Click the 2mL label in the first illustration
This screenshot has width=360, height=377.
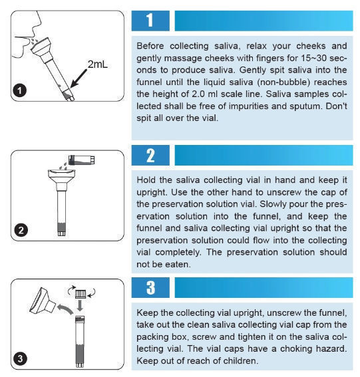point(97,64)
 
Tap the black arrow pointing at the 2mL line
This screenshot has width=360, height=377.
point(79,78)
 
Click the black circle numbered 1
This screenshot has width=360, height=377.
point(20,90)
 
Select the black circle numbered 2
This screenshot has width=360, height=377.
point(21,230)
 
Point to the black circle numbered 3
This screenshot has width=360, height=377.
point(20,359)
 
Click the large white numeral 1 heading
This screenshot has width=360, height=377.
point(150,20)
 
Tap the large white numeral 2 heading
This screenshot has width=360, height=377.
point(150,156)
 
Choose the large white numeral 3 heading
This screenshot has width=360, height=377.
point(150,287)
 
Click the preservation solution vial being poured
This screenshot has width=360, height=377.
point(82,160)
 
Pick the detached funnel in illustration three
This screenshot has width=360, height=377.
point(43,301)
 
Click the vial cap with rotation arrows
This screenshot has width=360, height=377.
point(81,294)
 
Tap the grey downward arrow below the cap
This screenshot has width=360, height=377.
point(80,305)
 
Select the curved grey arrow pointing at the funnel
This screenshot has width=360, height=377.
point(65,309)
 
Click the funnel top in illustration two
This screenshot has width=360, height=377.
point(62,174)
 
